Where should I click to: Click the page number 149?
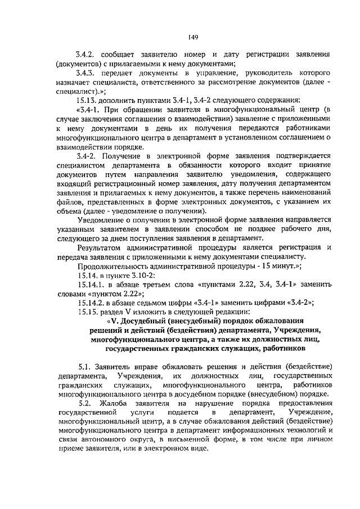coord(191,38)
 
